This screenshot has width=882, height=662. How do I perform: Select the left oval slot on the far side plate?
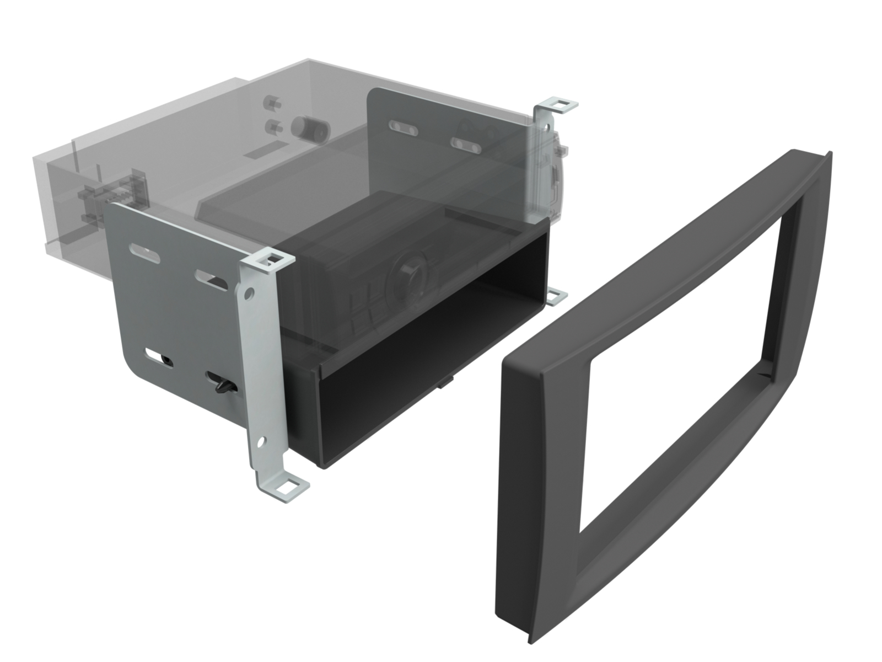pyautogui.click(x=404, y=127)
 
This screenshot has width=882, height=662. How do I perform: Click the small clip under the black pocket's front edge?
pyautogui.click(x=445, y=381)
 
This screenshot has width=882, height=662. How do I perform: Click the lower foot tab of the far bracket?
pyautogui.click(x=556, y=296)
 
